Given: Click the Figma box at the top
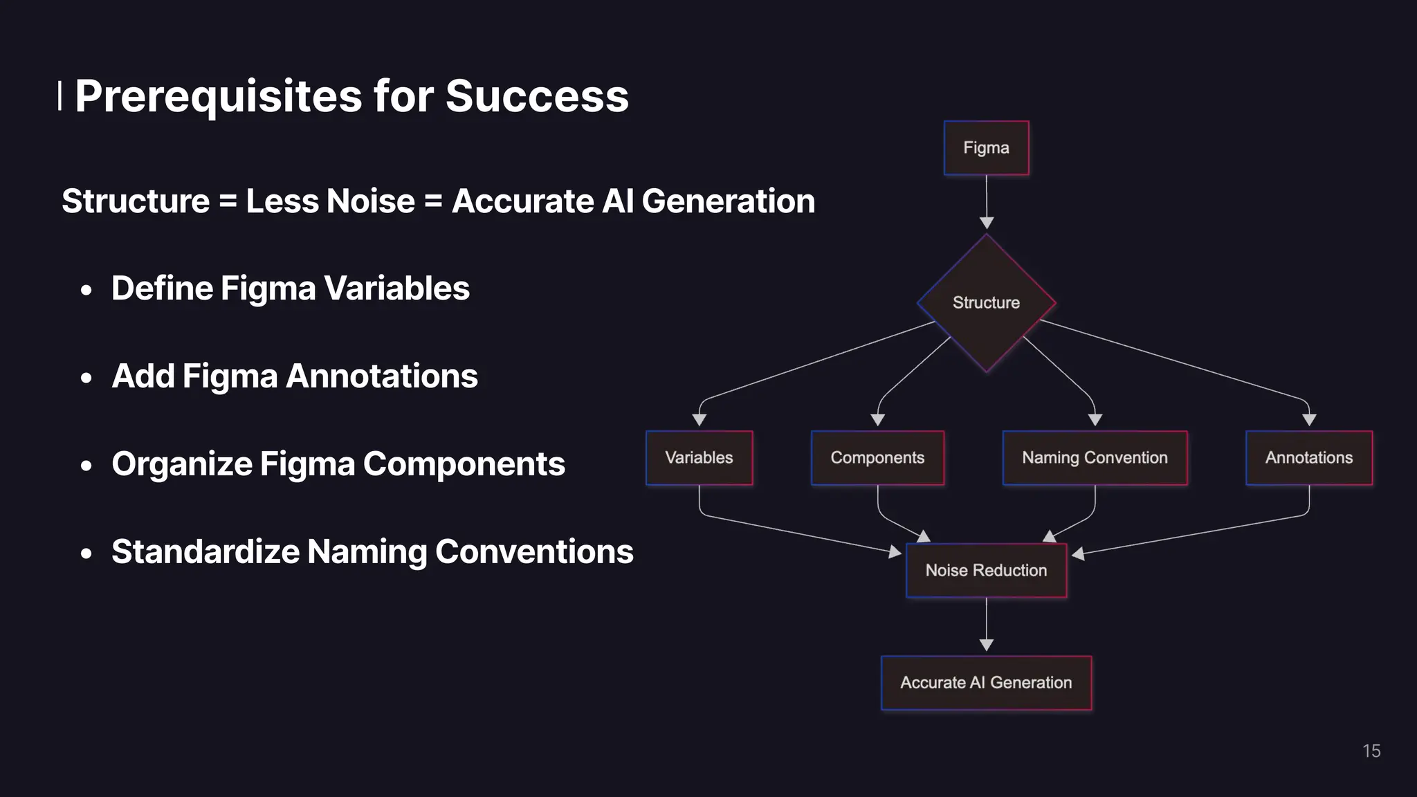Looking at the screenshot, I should coord(986,148).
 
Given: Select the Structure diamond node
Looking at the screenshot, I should coord(986,303).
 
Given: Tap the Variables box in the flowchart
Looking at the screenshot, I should coord(699,458).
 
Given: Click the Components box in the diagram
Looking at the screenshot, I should coord(877,458).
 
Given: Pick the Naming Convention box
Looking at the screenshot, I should coord(1095,458).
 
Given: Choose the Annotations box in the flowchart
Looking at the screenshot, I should coord(1308,458).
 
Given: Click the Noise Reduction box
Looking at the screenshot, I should coord(986,571).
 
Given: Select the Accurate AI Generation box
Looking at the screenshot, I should coord(986,683).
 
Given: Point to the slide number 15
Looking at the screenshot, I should coord(1371,751).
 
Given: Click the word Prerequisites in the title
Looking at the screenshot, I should coord(218,96).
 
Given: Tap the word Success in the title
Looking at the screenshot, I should coord(537,96).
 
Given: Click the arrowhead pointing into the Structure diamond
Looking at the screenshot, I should coord(987,223).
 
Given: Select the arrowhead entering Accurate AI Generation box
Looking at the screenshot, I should coord(987,645).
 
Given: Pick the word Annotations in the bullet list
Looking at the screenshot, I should coord(381,376).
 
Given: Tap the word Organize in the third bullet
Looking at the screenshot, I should coord(181,464).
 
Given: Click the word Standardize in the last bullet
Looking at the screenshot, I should coord(205,552).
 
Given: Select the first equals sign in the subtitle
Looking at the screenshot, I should coord(228,202).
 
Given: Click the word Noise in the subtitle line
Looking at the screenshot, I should coord(370,201).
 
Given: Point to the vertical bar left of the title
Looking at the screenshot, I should coord(60,95).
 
